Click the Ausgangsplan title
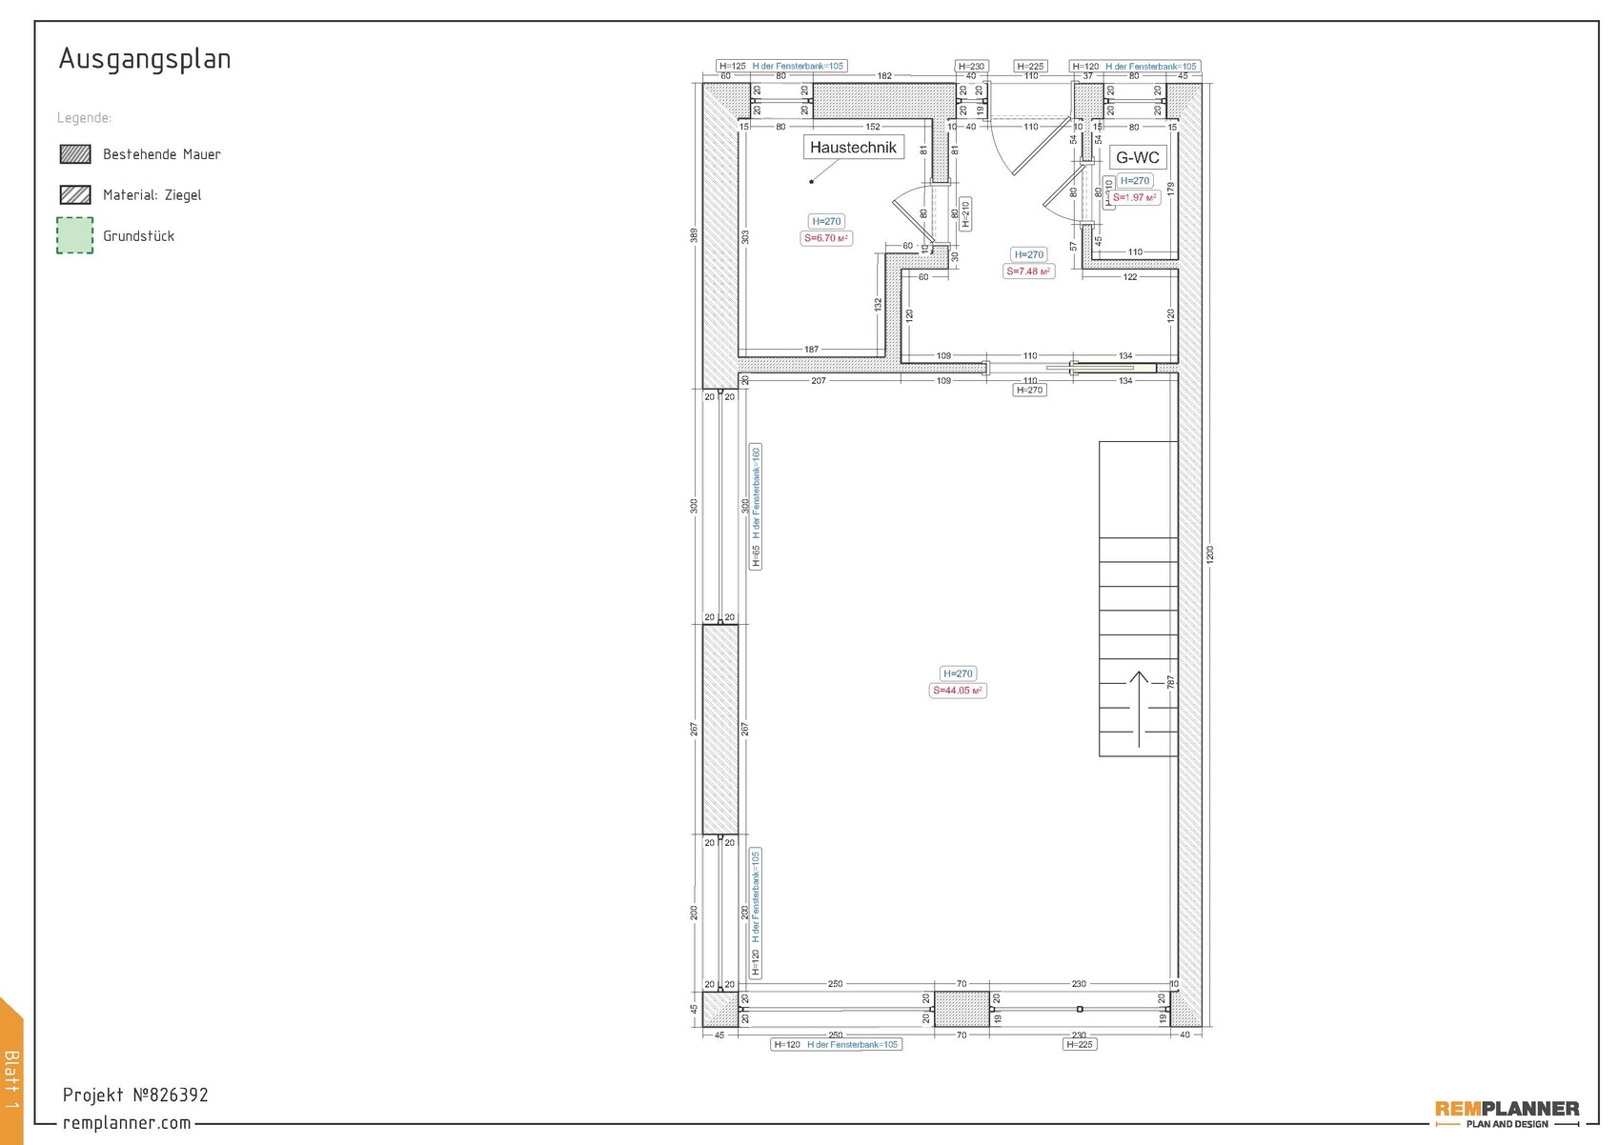point(145,59)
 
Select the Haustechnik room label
point(853,148)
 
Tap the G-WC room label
point(1137,158)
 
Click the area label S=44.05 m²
point(958,691)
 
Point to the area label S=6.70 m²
point(826,238)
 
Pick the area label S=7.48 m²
point(1028,271)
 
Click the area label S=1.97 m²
point(1135,198)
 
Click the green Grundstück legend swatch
point(75,235)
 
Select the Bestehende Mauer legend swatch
point(75,154)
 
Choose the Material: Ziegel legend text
point(152,195)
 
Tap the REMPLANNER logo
point(1507,1112)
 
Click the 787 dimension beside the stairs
point(1170,682)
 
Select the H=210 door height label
point(965,214)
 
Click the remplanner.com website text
point(127,1123)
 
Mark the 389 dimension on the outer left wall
point(695,234)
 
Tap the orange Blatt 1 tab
point(11,1076)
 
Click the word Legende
point(84,118)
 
